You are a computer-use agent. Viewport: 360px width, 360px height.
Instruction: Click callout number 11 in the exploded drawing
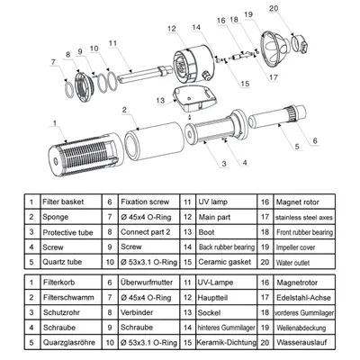pos(113,42)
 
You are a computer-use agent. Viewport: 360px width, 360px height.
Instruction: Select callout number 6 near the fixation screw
pos(315,140)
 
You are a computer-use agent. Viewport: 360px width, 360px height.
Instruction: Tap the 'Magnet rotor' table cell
pos(305,204)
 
